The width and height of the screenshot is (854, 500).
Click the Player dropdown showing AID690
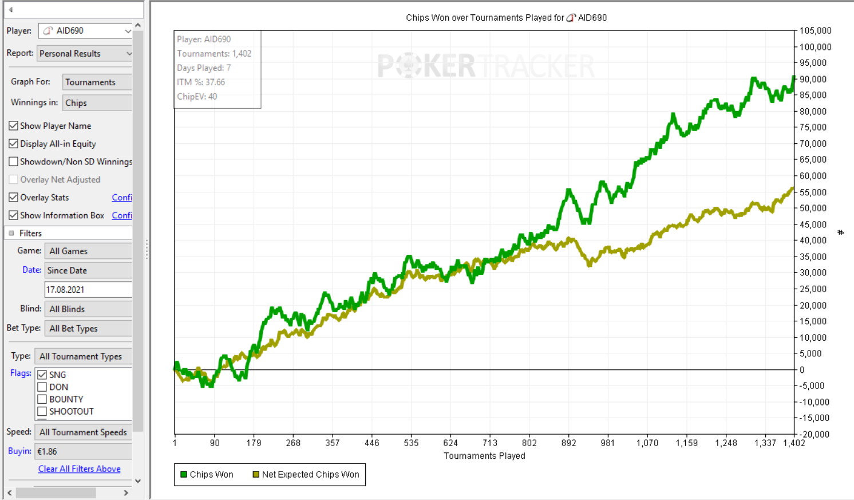click(85, 31)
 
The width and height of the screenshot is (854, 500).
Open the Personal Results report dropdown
click(85, 54)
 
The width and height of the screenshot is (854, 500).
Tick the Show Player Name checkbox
click(14, 126)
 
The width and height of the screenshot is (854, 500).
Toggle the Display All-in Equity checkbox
click(14, 144)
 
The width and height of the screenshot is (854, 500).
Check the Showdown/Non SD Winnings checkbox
click(14, 162)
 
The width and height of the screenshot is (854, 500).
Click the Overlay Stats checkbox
click(14, 198)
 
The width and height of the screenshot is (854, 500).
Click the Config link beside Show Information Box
click(121, 215)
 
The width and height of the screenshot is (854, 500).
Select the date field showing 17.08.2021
click(88, 290)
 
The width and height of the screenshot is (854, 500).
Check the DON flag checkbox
click(42, 387)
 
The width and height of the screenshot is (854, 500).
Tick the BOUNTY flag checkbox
click(42, 399)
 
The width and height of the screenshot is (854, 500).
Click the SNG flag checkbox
click(42, 375)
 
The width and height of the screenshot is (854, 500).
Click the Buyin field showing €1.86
click(83, 451)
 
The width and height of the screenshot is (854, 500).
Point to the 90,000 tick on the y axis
click(813, 79)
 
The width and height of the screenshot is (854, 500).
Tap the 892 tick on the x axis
click(568, 443)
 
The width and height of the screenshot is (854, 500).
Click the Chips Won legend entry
click(207, 474)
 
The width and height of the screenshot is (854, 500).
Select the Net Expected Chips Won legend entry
click(306, 474)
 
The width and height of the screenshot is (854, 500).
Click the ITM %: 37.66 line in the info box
click(201, 82)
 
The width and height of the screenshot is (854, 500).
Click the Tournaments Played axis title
click(484, 456)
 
